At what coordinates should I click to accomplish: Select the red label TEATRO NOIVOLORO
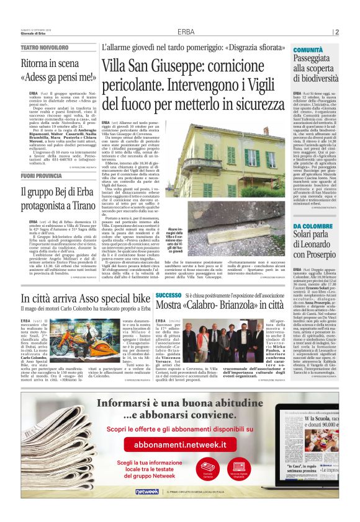[x=45, y=47]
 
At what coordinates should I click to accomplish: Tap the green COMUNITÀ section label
[x=308, y=49]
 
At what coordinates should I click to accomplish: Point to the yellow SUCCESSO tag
[x=169, y=295]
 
